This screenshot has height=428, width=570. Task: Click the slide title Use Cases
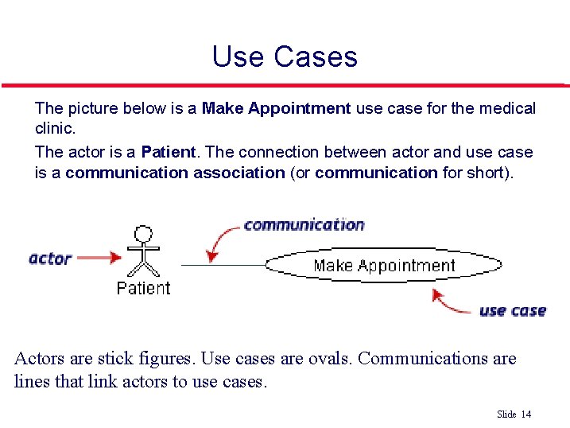tap(285, 56)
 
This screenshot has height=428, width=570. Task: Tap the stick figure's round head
tap(143, 234)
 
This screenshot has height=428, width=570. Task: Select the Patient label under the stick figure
tap(143, 288)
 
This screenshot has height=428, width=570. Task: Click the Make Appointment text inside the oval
tap(384, 266)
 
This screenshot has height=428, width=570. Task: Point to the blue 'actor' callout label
tap(50, 258)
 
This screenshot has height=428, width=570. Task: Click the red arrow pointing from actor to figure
tap(101, 258)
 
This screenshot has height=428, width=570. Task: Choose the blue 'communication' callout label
tap(304, 224)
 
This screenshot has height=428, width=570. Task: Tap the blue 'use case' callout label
tap(512, 310)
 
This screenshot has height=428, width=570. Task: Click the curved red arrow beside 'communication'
tap(221, 241)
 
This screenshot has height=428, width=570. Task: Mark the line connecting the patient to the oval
tap(223, 264)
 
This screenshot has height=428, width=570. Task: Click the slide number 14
tap(525, 414)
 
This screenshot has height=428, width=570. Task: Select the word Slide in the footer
tap(506, 414)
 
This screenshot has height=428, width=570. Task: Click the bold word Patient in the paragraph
tap(169, 151)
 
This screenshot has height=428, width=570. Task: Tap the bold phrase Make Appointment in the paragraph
tap(276, 107)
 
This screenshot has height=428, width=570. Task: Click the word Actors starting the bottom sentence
tap(40, 358)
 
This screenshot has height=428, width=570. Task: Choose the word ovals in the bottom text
tap(328, 358)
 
